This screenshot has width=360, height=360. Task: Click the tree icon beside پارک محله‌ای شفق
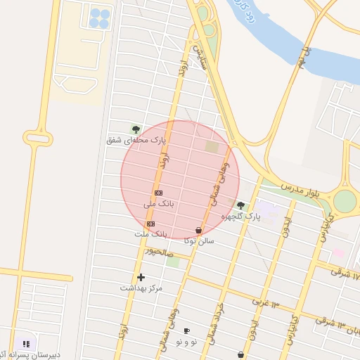click(136, 129)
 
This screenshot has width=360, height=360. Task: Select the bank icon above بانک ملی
click(158, 193)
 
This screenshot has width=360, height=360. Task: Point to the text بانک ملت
click(151, 233)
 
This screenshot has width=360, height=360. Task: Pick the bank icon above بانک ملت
click(150, 223)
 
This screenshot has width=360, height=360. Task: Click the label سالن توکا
click(199, 240)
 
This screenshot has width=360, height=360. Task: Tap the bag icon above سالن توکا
click(199, 230)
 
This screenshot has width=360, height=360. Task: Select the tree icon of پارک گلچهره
click(241, 206)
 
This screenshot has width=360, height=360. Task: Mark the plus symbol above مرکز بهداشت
click(141, 278)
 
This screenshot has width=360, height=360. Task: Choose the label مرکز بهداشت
click(141, 288)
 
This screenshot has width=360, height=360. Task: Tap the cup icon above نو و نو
click(186, 330)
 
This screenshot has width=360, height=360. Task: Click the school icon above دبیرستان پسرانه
click(26, 344)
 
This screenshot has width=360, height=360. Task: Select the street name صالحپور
click(158, 251)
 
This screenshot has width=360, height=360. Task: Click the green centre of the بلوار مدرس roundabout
click(345, 201)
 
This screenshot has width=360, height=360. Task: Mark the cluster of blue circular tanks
click(99, 18)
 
